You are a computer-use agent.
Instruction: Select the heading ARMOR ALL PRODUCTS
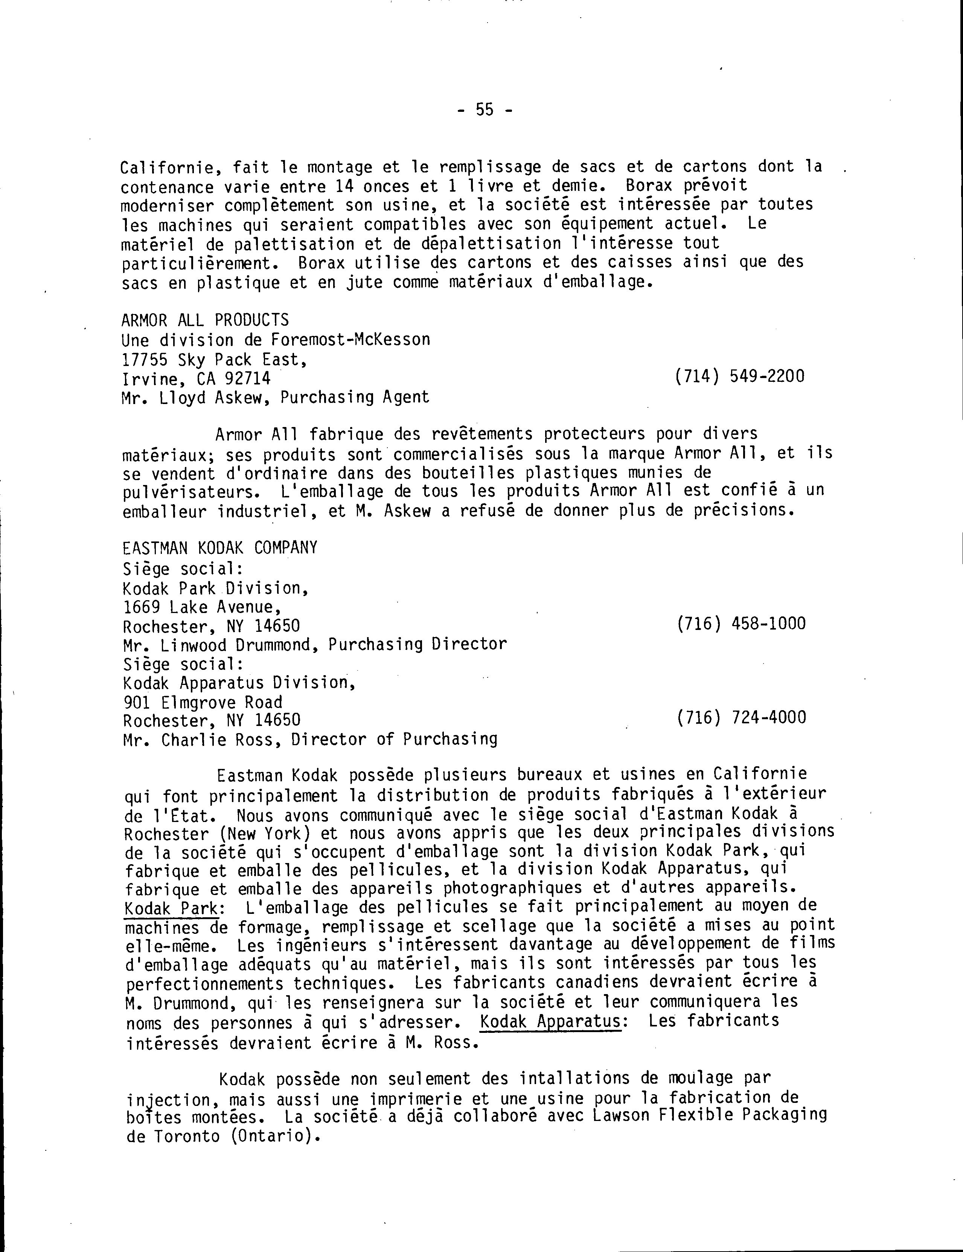click(205, 320)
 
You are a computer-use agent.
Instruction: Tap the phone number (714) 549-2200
click(740, 376)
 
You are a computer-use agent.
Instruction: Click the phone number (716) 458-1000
click(741, 623)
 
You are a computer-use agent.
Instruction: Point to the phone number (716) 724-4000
click(741, 717)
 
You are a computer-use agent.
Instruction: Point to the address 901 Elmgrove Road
click(203, 702)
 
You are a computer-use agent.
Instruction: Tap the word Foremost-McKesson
click(350, 340)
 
